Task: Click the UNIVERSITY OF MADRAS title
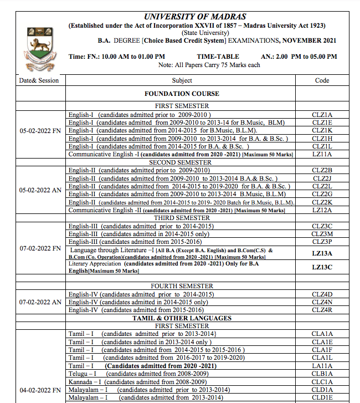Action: [195, 17]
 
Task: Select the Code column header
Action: [322, 80]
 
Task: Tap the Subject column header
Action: [182, 80]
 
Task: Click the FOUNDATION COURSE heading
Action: [182, 94]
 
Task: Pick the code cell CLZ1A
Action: [322, 114]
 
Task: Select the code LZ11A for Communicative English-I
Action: [322, 154]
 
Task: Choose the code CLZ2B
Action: [322, 170]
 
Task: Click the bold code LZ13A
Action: [322, 253]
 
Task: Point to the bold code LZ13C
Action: [322, 267]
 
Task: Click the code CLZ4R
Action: [322, 310]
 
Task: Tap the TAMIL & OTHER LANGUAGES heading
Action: [182, 318]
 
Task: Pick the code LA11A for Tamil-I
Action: [322, 366]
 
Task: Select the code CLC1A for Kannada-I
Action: [322, 382]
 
